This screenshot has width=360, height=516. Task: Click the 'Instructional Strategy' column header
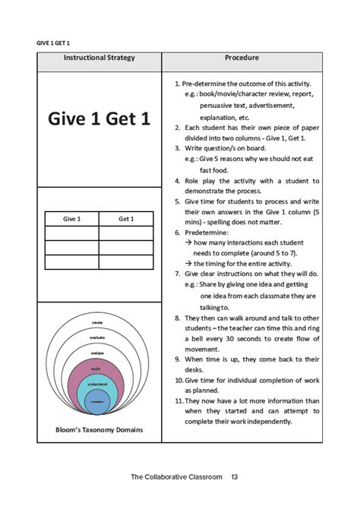[x=99, y=58]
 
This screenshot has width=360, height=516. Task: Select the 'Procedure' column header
[x=242, y=58]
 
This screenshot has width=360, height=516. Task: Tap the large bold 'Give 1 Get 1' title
[x=99, y=119]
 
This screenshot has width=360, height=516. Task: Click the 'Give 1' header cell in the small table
[x=71, y=219]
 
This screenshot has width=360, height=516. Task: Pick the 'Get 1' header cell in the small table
[x=126, y=219]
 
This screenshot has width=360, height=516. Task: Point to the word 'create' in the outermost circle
[x=97, y=323]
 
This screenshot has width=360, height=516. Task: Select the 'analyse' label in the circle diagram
[x=97, y=353]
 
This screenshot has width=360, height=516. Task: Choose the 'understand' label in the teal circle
[x=97, y=385]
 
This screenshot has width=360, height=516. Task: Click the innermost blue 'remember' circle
[x=97, y=400]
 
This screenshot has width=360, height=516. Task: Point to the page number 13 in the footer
[x=235, y=476]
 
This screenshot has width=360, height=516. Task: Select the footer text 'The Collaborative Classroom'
[x=175, y=476]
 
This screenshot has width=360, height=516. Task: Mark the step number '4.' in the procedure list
[x=177, y=182]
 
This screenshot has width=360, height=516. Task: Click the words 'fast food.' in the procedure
[x=213, y=171]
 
